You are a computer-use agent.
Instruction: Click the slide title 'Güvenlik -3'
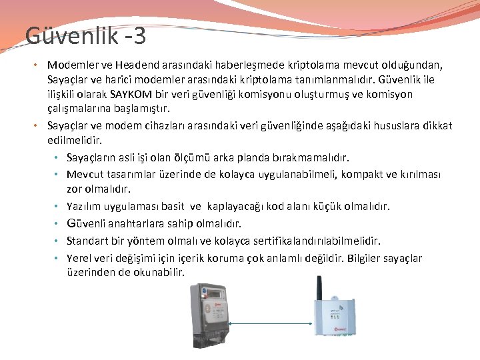click(x=85, y=36)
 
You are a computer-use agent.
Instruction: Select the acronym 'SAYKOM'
click(x=133, y=94)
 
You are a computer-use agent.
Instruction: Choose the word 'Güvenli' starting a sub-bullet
click(x=85, y=223)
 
